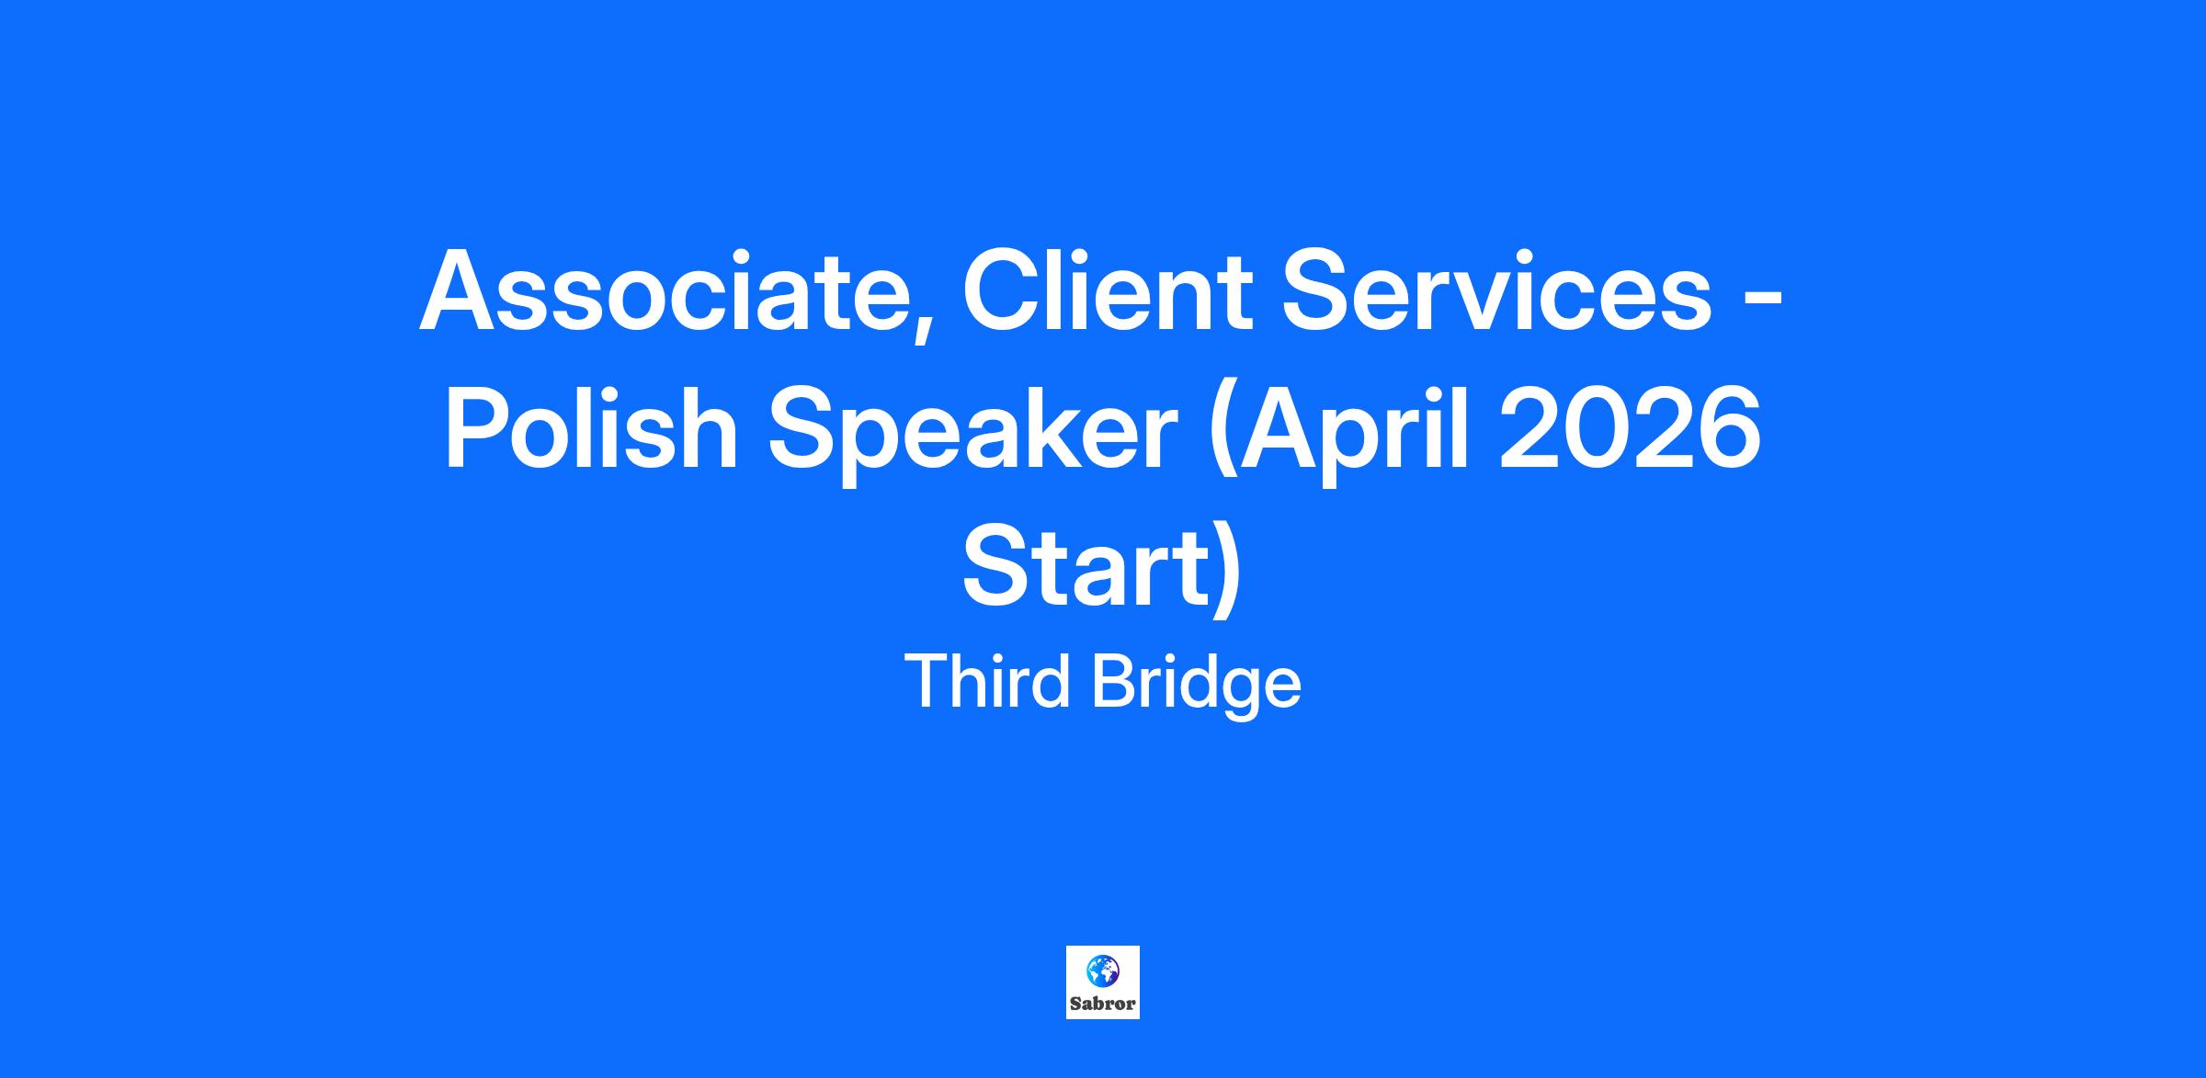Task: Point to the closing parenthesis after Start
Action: coord(1228,573)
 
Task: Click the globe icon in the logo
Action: coord(1102,970)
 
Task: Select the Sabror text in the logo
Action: coord(1103,1004)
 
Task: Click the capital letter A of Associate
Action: coord(461,290)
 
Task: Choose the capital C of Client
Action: coord(1003,289)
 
